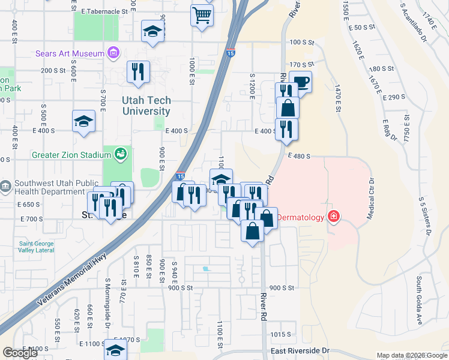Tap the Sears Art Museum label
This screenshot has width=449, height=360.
click(70, 53)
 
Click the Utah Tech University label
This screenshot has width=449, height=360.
click(146, 106)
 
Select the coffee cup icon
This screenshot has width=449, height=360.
click(300, 82)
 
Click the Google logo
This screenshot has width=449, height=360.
click(20, 353)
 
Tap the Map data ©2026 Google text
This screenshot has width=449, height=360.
click(411, 355)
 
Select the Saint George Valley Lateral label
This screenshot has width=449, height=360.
click(36, 247)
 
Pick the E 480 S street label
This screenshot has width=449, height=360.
click(298, 156)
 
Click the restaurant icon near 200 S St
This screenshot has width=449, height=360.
click(138, 72)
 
